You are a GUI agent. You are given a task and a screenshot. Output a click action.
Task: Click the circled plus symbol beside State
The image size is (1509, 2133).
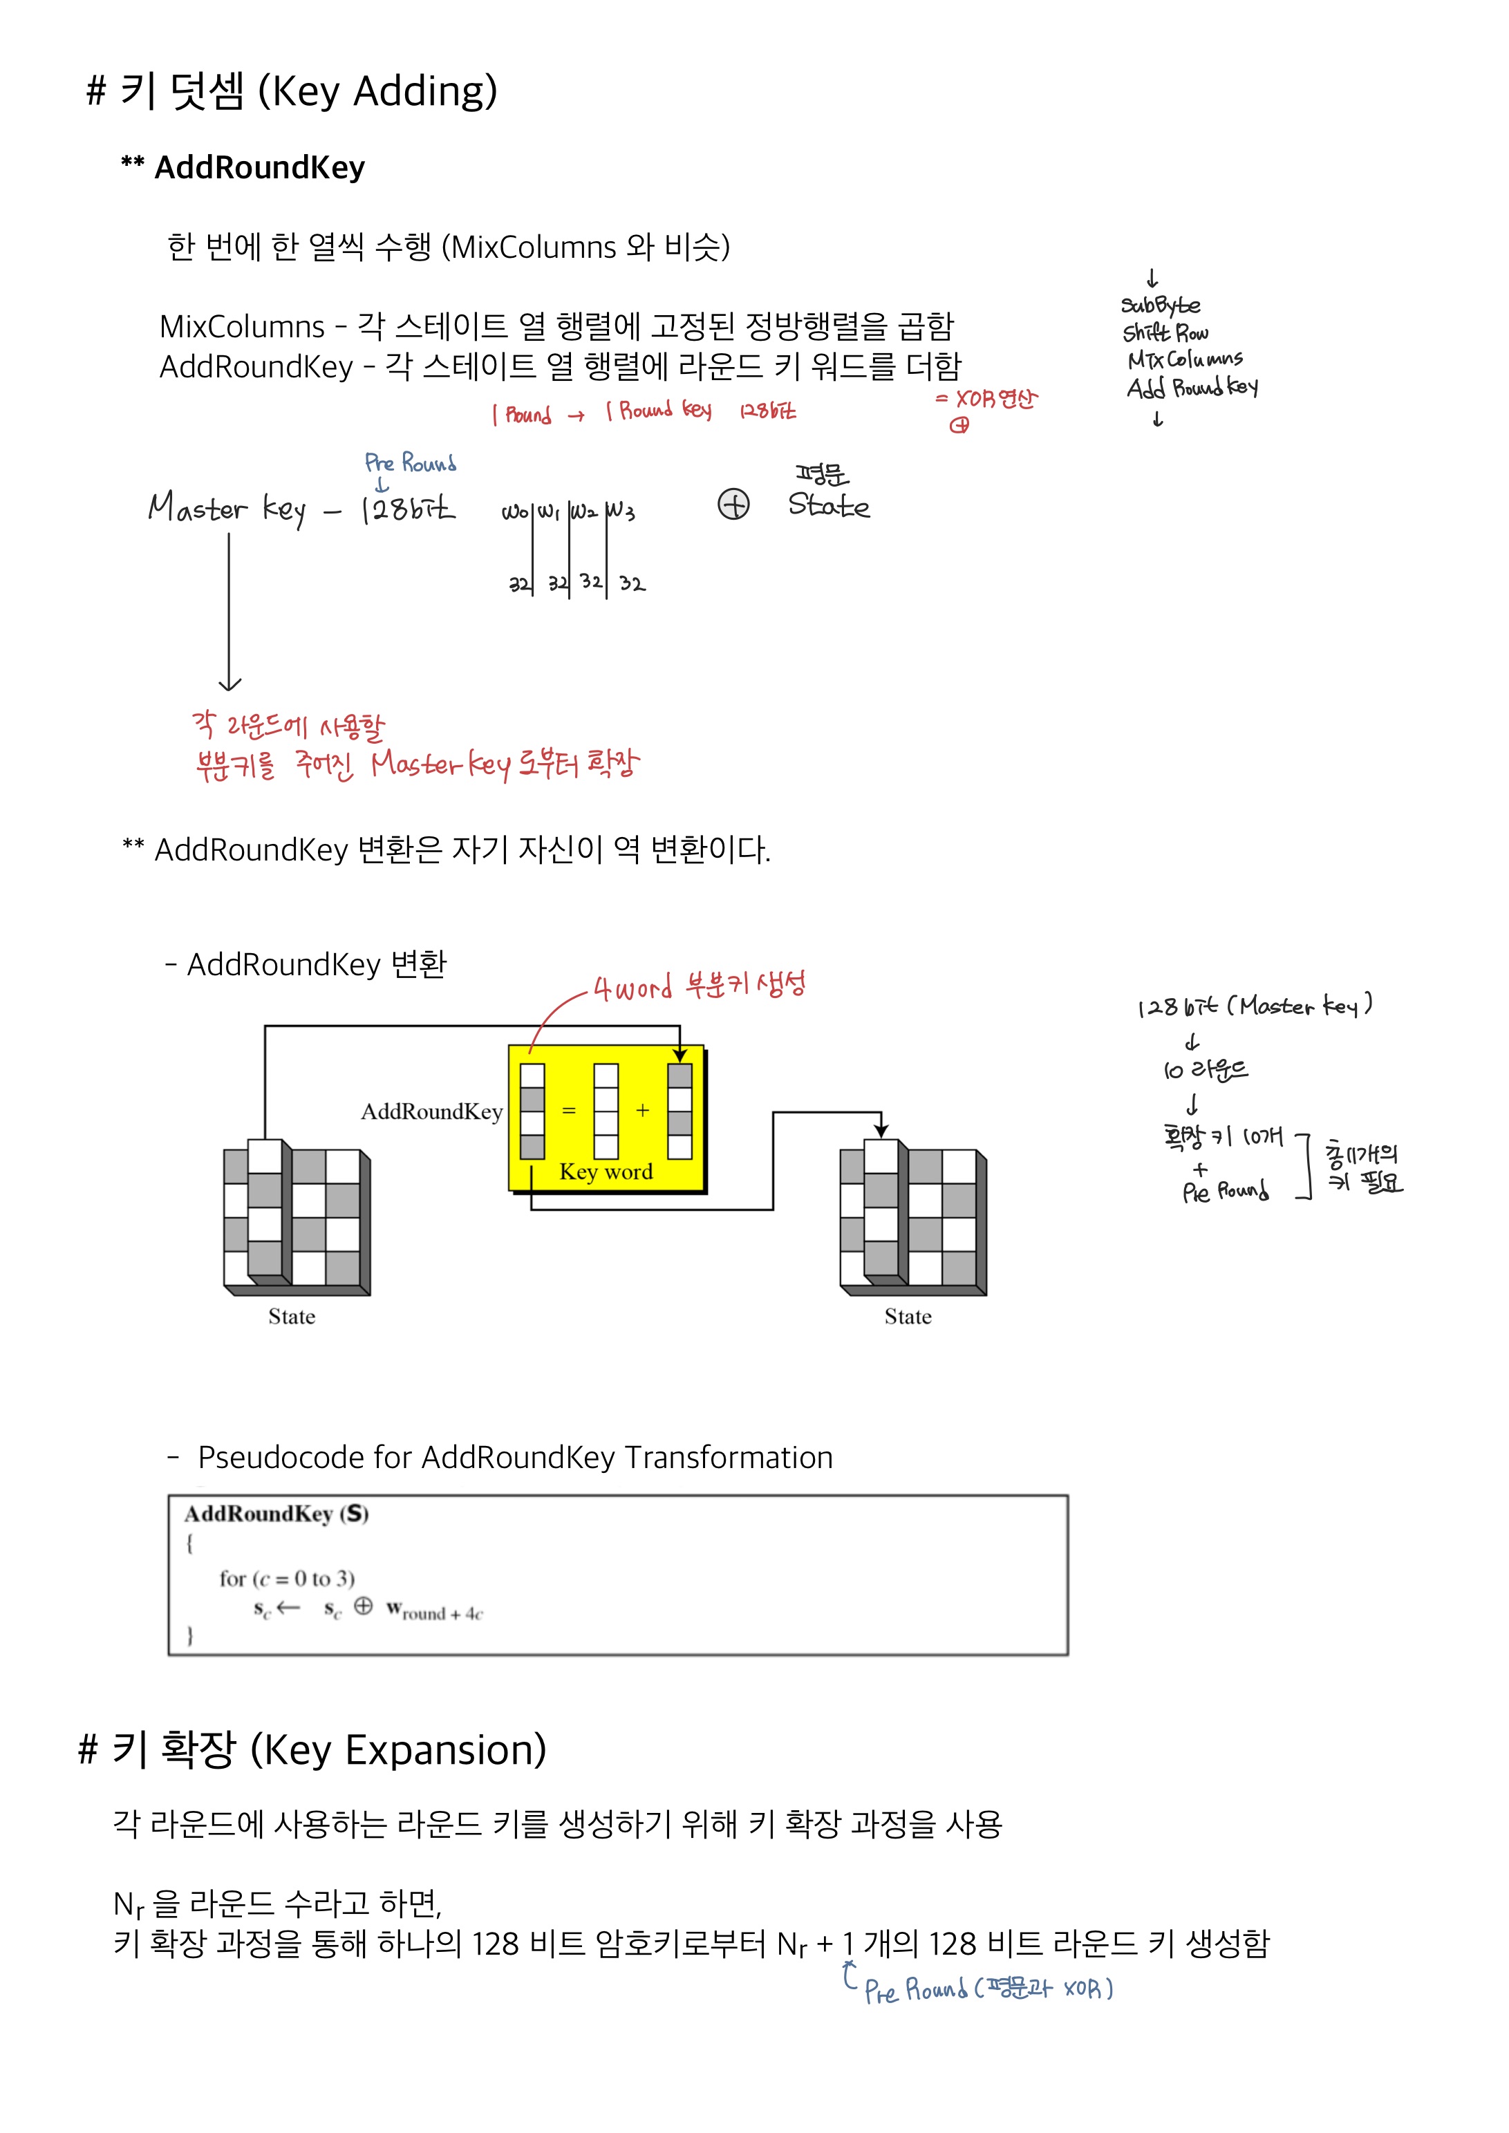[x=733, y=505]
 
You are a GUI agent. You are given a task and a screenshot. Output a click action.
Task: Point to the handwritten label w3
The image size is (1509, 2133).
[x=620, y=511]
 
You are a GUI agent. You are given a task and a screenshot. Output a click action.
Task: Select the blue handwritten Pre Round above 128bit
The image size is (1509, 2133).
[x=410, y=462]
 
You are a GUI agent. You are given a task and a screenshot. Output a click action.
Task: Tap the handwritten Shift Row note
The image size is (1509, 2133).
[x=1165, y=332]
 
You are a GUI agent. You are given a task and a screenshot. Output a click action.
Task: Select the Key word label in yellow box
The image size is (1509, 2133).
[x=606, y=1172]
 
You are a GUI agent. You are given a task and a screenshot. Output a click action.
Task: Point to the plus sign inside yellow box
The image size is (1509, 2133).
[x=642, y=1110]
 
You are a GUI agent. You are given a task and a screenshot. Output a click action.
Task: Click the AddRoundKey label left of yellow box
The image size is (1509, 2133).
[x=432, y=1112]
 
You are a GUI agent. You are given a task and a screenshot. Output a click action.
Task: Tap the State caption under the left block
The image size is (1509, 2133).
[x=292, y=1317]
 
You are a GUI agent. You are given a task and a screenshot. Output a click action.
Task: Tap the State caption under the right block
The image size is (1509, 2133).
[x=908, y=1317]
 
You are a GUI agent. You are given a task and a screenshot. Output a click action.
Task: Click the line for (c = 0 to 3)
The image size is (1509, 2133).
[x=287, y=1579]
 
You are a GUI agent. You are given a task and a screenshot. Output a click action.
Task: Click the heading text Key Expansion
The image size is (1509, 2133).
[x=399, y=1750]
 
